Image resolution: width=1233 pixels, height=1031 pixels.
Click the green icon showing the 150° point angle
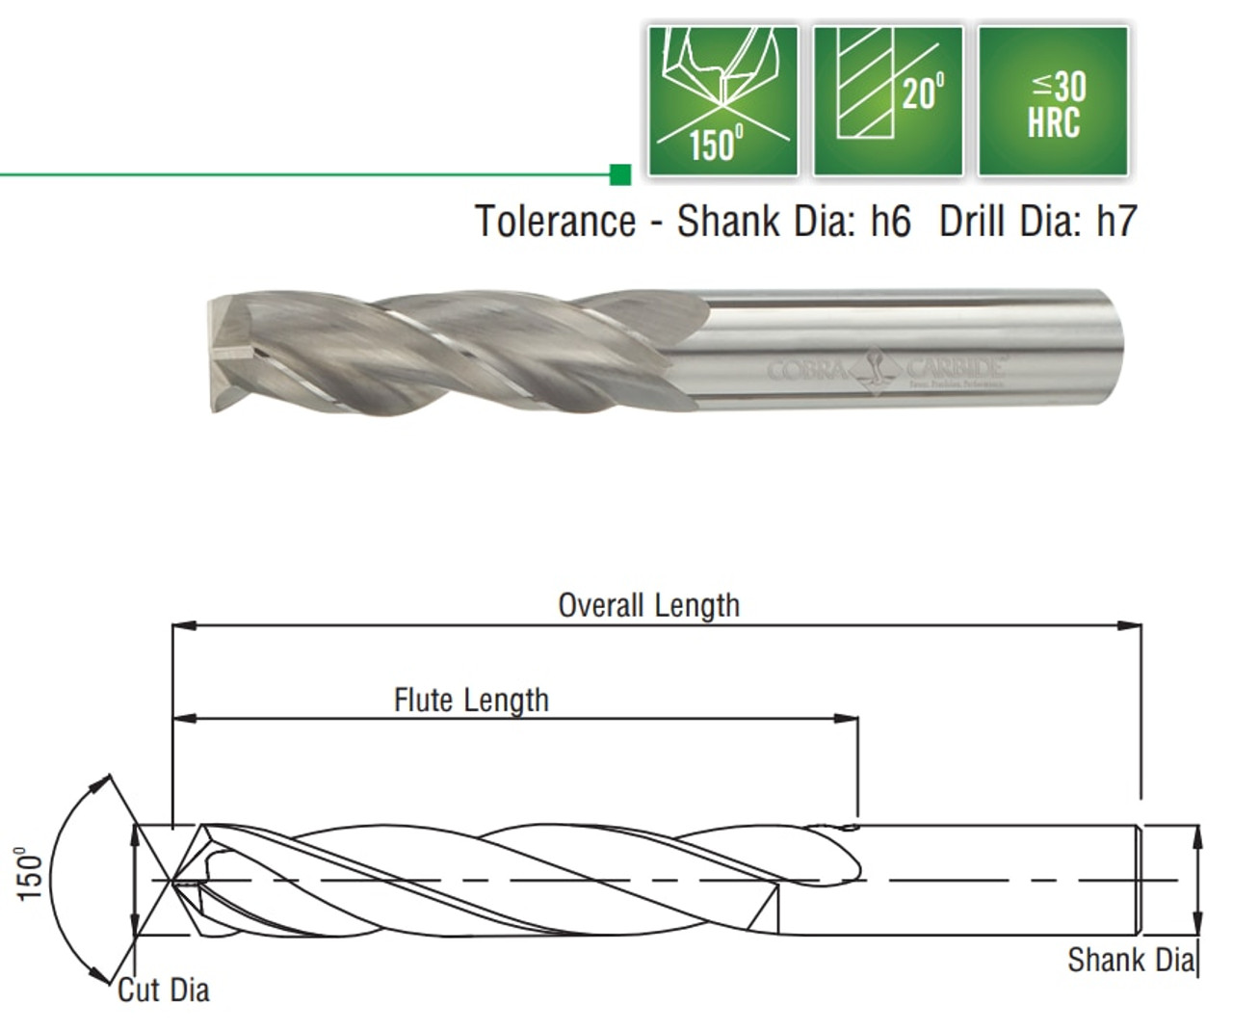(722, 100)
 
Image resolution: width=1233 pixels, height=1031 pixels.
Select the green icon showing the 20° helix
(887, 100)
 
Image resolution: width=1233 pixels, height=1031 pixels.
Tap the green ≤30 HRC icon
(1053, 100)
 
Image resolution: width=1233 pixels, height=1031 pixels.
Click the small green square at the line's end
(620, 174)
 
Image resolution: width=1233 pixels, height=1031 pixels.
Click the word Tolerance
(555, 222)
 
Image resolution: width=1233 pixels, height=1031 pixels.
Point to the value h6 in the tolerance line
(890, 222)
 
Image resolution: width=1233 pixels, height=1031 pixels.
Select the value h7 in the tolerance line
(1116, 222)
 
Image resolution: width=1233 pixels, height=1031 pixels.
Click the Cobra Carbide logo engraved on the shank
(886, 370)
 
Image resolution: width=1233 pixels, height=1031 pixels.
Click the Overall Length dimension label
(649, 605)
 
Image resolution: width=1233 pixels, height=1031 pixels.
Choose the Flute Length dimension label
(471, 700)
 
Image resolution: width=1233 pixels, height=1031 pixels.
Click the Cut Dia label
(164, 990)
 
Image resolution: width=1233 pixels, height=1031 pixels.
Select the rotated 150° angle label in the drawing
(30, 874)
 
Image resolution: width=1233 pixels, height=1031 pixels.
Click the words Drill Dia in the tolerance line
(1011, 222)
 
